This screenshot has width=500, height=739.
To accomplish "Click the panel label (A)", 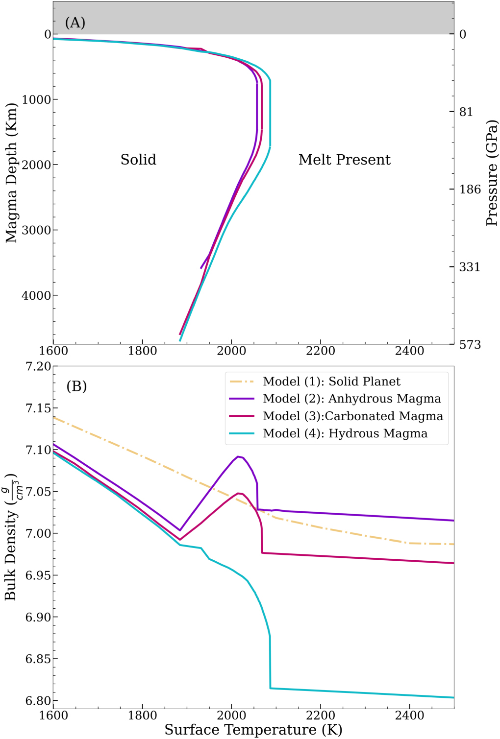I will (75, 23).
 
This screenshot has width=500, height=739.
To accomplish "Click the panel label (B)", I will (76, 386).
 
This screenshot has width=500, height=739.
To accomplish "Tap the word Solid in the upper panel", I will (138, 160).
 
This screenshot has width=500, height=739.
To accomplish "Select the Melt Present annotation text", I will (344, 160).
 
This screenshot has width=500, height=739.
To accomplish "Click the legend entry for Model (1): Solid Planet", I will (331, 381).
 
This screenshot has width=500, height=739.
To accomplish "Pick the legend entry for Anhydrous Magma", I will (351, 399).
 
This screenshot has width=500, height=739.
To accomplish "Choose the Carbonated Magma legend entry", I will (352, 416).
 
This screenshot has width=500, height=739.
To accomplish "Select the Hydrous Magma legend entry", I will (345, 433).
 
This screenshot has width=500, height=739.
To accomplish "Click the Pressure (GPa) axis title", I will (491, 173).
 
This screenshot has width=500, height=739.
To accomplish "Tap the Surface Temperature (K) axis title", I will (253, 730).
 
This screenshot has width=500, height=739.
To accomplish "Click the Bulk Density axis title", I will (12, 537).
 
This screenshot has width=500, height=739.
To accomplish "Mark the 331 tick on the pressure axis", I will (469, 267).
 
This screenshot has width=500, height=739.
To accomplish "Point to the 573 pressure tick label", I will (470, 345).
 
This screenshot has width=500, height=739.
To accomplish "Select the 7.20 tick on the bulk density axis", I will (38, 366).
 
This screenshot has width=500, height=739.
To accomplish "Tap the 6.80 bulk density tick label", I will (38, 701).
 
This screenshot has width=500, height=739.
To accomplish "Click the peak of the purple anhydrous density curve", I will (238, 456).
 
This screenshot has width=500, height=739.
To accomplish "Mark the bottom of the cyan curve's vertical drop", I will (270, 688).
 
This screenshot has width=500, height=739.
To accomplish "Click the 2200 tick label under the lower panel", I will (320, 715).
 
